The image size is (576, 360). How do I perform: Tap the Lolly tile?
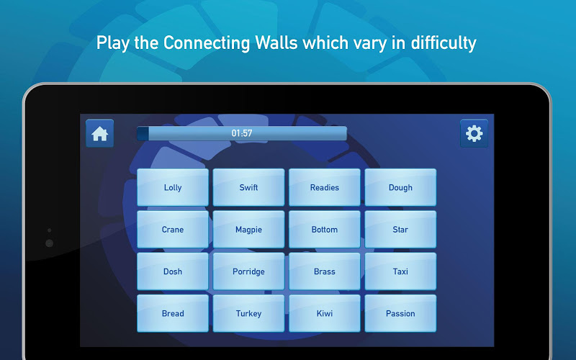pyautogui.click(x=173, y=187)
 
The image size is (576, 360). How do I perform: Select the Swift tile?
pyautogui.click(x=248, y=187)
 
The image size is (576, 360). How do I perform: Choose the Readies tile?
pyautogui.click(x=325, y=187)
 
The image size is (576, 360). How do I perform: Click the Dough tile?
pyautogui.click(x=400, y=187)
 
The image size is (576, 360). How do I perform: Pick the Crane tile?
pyautogui.click(x=173, y=229)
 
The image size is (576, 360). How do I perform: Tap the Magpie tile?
pyautogui.click(x=248, y=229)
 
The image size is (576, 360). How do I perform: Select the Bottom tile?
pyautogui.click(x=325, y=229)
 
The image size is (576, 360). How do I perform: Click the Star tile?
pyautogui.click(x=400, y=229)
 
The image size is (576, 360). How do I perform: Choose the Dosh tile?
pyautogui.click(x=173, y=271)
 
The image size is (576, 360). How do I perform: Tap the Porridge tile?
pyautogui.click(x=248, y=271)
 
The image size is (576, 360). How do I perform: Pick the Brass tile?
pyautogui.click(x=325, y=271)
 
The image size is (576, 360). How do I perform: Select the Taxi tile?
pyautogui.click(x=400, y=271)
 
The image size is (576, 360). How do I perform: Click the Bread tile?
pyautogui.click(x=173, y=313)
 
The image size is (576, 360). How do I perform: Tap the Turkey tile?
pyautogui.click(x=248, y=313)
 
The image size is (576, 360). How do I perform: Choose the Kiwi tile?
pyautogui.click(x=325, y=313)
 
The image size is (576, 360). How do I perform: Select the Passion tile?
pyautogui.click(x=400, y=313)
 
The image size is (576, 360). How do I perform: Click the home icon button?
pyautogui.click(x=100, y=133)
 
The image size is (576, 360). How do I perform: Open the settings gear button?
pyautogui.click(x=474, y=133)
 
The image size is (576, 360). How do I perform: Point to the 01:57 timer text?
pyautogui.click(x=242, y=133)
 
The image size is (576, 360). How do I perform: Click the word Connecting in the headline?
pyautogui.click(x=207, y=43)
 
